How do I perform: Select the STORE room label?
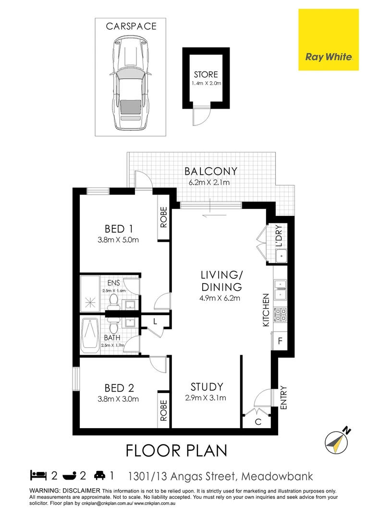[x=206, y=74]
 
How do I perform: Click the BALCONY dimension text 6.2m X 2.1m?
[x=212, y=182]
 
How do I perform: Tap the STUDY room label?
[x=207, y=386]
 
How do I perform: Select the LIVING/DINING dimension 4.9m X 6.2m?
[x=221, y=298]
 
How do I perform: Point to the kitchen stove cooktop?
[x=280, y=315]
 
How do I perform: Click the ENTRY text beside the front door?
[x=283, y=397]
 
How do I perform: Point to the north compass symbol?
[x=335, y=441]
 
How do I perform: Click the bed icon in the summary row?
[x=38, y=476]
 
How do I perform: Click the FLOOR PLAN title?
[x=176, y=451]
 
